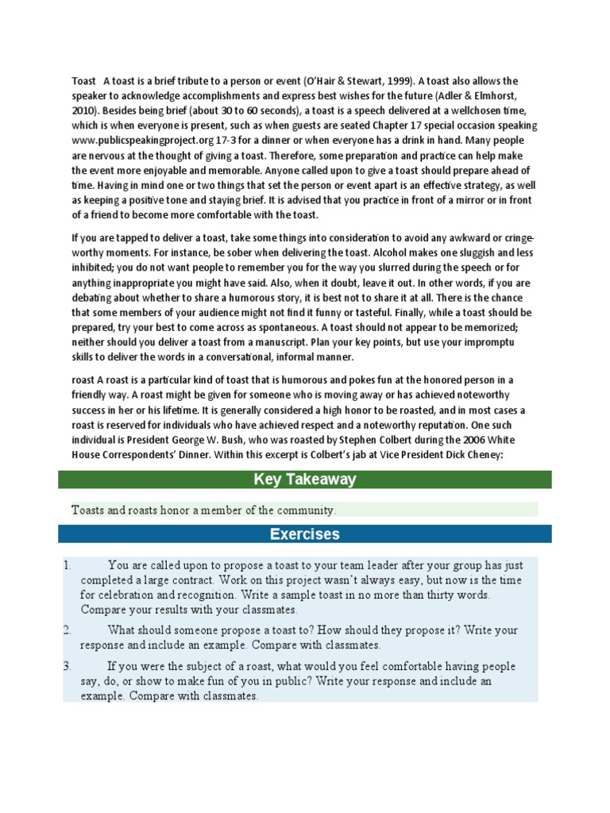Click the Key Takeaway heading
pos(305,480)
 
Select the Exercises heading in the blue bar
pos(305,534)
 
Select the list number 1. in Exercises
pos(68,565)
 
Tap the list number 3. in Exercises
pos(68,666)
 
